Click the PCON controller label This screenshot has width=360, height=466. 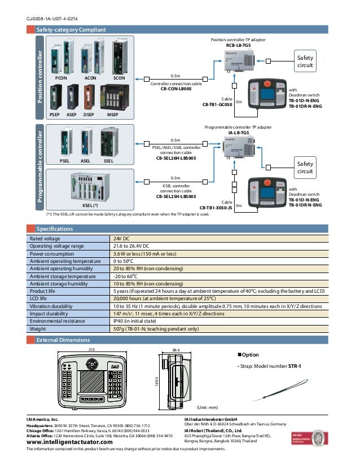pyautogui.click(x=62, y=78)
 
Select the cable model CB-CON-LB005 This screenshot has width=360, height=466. pyautogui.click(x=176, y=89)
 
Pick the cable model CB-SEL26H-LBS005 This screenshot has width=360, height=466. pyautogui.click(x=176, y=158)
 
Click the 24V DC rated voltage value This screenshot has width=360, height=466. pyautogui.click(x=122, y=239)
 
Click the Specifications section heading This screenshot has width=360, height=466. pyautogui.click(x=55, y=229)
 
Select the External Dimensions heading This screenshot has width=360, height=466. pyautogui.click(x=63, y=340)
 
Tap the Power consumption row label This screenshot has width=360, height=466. pyautogui.click(x=54, y=254)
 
